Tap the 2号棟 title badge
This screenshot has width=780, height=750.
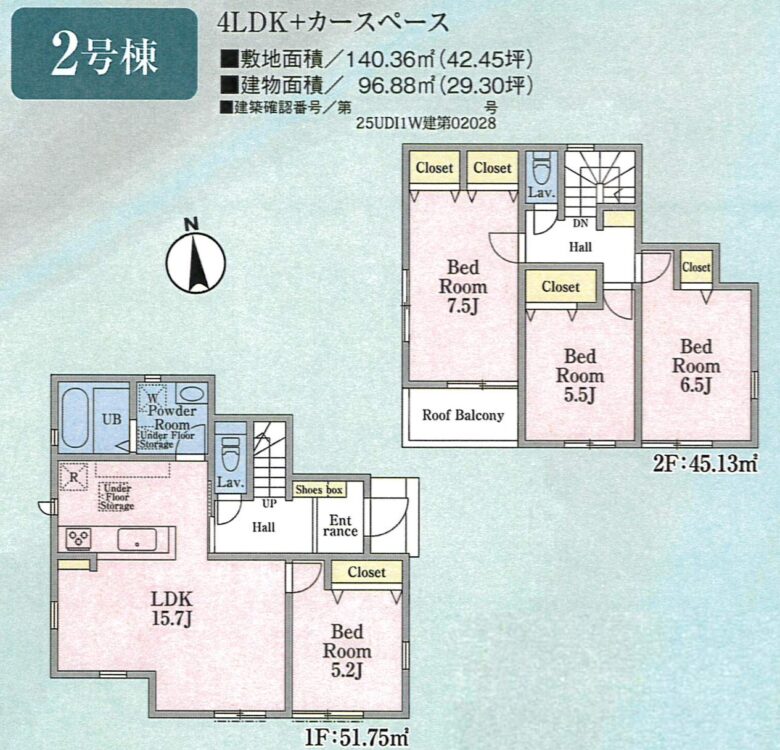(x=104, y=54)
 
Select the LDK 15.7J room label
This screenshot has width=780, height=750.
(x=172, y=608)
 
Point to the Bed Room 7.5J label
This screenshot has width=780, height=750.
(x=463, y=286)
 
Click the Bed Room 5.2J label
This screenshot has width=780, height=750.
(x=347, y=651)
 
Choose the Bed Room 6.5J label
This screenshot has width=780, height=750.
(x=696, y=366)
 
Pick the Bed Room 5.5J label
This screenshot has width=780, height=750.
(x=580, y=375)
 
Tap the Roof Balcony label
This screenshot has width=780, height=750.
(x=463, y=415)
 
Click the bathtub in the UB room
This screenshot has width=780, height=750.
(x=75, y=418)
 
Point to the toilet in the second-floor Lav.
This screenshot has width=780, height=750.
(x=542, y=167)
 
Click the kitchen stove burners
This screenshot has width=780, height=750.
(x=79, y=538)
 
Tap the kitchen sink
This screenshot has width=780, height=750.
(x=137, y=540)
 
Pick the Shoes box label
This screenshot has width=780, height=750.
(x=319, y=490)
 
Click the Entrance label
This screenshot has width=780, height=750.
(x=340, y=526)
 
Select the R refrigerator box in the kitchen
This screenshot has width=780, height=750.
(x=74, y=477)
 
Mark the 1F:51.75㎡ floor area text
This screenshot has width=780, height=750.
(x=357, y=737)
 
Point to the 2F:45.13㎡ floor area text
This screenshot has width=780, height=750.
(x=705, y=465)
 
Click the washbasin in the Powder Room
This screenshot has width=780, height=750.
(x=191, y=394)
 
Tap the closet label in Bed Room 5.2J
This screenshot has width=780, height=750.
(x=367, y=572)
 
